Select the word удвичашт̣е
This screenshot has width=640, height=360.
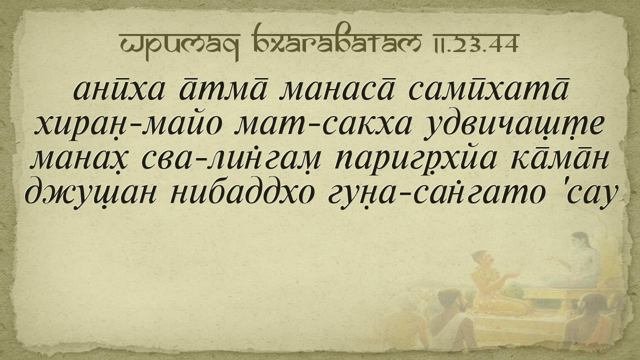click(x=514, y=127)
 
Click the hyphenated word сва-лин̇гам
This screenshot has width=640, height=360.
click(x=231, y=161)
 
